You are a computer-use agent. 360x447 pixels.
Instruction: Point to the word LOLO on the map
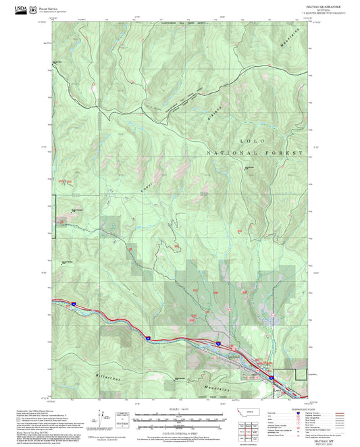[252, 140]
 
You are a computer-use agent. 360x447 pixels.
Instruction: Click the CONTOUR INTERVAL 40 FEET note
[180, 433]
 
